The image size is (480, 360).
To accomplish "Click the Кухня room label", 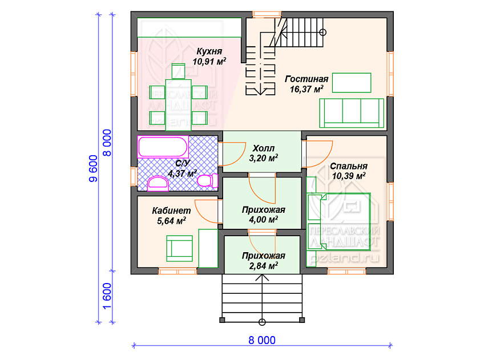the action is pos(209,51).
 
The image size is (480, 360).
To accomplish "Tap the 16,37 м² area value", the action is pos(306,90).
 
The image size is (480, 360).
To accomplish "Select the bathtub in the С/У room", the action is pos(163,147).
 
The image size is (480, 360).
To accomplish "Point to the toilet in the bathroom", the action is pos(207,180).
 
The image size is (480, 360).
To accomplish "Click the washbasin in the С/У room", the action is pos(158,184).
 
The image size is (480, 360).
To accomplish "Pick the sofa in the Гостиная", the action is pos(352,113).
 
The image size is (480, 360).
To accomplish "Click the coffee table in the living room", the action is pos(352,83).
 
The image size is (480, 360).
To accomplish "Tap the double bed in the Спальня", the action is pos(339,221).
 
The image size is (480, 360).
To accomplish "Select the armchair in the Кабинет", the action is pos(179,248).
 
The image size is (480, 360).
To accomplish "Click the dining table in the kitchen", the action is pos(179,105).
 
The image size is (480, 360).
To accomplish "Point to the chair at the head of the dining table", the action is pos(178,71).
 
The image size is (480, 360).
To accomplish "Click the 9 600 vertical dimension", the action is pos(93,168).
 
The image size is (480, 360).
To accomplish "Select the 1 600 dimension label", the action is pos(107,296).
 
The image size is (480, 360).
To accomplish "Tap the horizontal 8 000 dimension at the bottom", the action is pos(262,340).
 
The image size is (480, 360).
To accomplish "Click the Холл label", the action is pos(263,148).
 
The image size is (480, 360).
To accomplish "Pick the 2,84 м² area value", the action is pos(263,266).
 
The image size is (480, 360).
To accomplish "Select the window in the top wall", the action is pos(267,14).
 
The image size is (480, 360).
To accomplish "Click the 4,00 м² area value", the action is pos(263,220).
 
